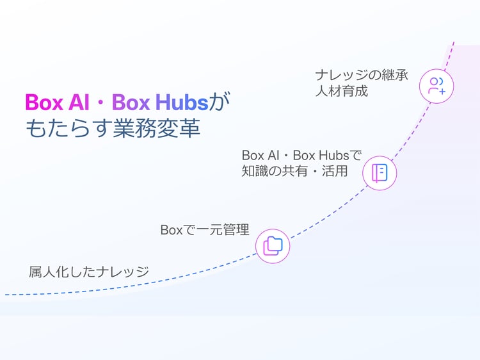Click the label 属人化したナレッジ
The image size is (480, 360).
pyautogui.click(x=89, y=272)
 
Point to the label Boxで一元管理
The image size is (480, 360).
pyautogui.click(x=205, y=230)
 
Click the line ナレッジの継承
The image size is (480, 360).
pyautogui.click(x=362, y=75)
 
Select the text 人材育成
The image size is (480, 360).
pyautogui.click(x=342, y=91)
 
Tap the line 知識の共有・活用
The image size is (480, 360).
pyautogui.click(x=294, y=171)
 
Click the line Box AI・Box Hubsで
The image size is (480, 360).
pyautogui.click(x=302, y=155)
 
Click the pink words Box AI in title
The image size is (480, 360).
pyautogui.click(x=57, y=102)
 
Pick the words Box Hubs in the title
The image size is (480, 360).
pyautogui.click(x=160, y=102)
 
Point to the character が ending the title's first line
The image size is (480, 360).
pyautogui.click(x=219, y=102)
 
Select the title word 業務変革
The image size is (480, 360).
pyautogui.click(x=157, y=127)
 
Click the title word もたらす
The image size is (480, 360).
pyautogui.click(x=69, y=127)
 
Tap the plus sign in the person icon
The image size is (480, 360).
pyautogui.click(x=442, y=92)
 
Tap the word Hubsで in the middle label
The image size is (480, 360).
pyautogui.click(x=340, y=155)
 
